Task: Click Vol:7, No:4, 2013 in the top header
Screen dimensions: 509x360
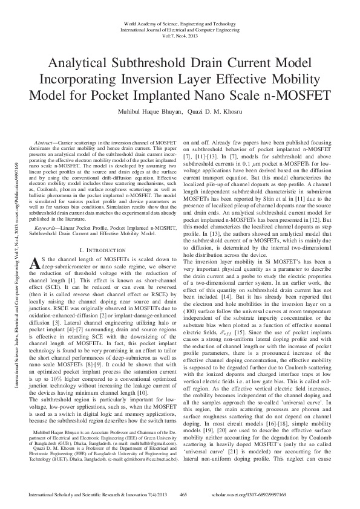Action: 179,36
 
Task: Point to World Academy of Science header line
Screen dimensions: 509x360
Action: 179,23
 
